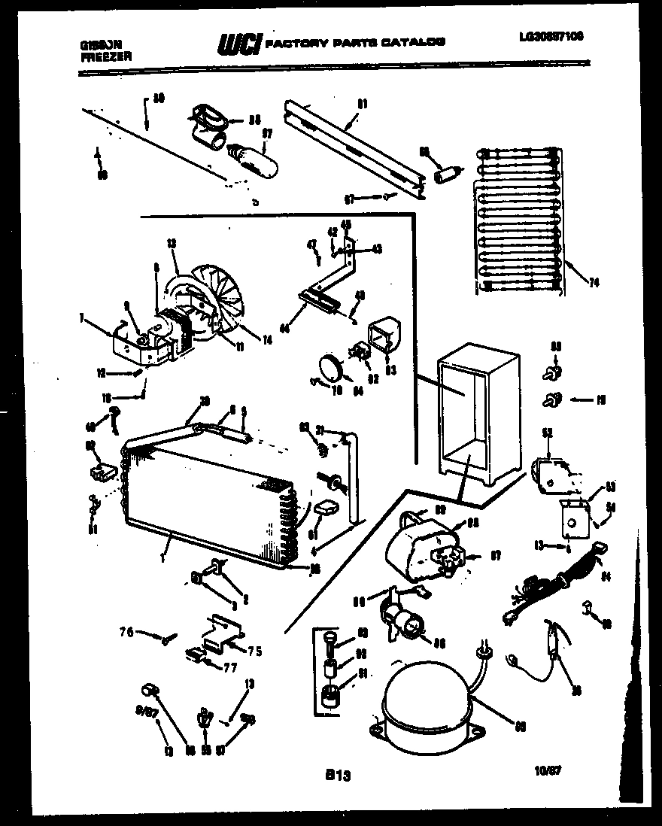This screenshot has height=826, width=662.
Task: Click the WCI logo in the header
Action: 238,45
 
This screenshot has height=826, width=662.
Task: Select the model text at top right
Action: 551,36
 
